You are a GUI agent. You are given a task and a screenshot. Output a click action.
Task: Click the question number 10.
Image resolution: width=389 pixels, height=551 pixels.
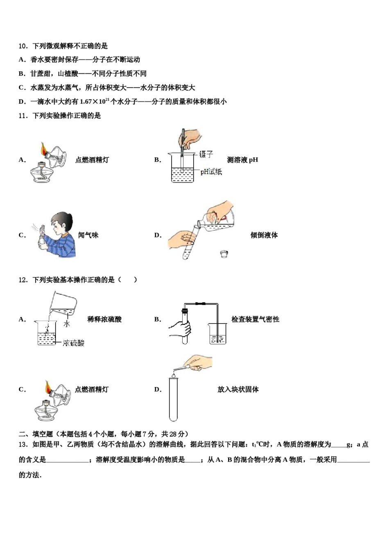[23, 46]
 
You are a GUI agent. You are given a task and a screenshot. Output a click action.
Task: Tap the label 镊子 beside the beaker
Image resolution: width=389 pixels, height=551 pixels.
[206, 154]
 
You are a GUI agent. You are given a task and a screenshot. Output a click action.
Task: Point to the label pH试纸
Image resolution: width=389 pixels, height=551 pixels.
[211, 172]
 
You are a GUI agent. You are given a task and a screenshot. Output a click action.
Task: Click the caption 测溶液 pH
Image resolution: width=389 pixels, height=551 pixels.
[242, 160]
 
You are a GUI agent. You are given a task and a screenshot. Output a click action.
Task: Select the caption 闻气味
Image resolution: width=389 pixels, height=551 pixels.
[88, 235]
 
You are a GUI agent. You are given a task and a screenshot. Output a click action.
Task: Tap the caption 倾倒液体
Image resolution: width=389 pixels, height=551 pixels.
[264, 235]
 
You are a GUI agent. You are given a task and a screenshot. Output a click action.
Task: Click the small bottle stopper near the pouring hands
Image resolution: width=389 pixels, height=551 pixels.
[224, 254]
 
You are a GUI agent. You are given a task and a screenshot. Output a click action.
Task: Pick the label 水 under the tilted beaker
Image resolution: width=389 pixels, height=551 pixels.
[67, 324]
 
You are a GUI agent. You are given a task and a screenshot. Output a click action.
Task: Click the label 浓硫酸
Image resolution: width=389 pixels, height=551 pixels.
[74, 343]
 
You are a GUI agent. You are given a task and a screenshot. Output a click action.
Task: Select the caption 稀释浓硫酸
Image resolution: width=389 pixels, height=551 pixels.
[104, 319]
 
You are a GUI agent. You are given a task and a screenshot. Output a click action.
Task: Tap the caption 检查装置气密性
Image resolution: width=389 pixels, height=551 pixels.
[255, 319]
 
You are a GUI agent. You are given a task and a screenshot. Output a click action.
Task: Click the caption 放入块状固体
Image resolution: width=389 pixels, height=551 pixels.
[238, 389]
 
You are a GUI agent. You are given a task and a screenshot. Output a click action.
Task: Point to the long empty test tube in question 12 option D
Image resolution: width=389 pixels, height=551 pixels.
[173, 400]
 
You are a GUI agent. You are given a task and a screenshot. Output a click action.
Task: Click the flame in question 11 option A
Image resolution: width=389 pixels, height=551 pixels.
[43, 148]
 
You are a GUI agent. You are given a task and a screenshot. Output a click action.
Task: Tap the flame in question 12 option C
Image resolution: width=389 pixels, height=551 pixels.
[48, 386]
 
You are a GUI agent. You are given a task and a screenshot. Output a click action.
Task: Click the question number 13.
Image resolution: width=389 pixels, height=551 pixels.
[23, 444]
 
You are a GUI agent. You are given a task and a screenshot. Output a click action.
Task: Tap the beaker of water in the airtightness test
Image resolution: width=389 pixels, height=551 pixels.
[217, 334]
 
